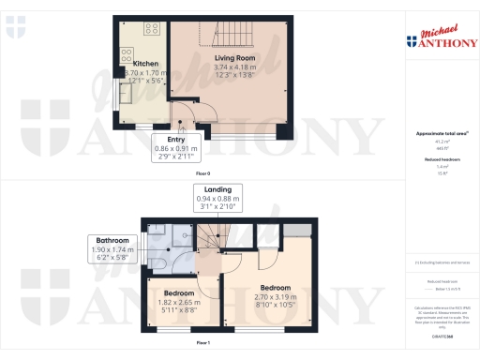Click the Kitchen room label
point(132,64)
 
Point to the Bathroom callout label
point(112,246)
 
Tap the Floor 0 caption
point(202,174)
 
